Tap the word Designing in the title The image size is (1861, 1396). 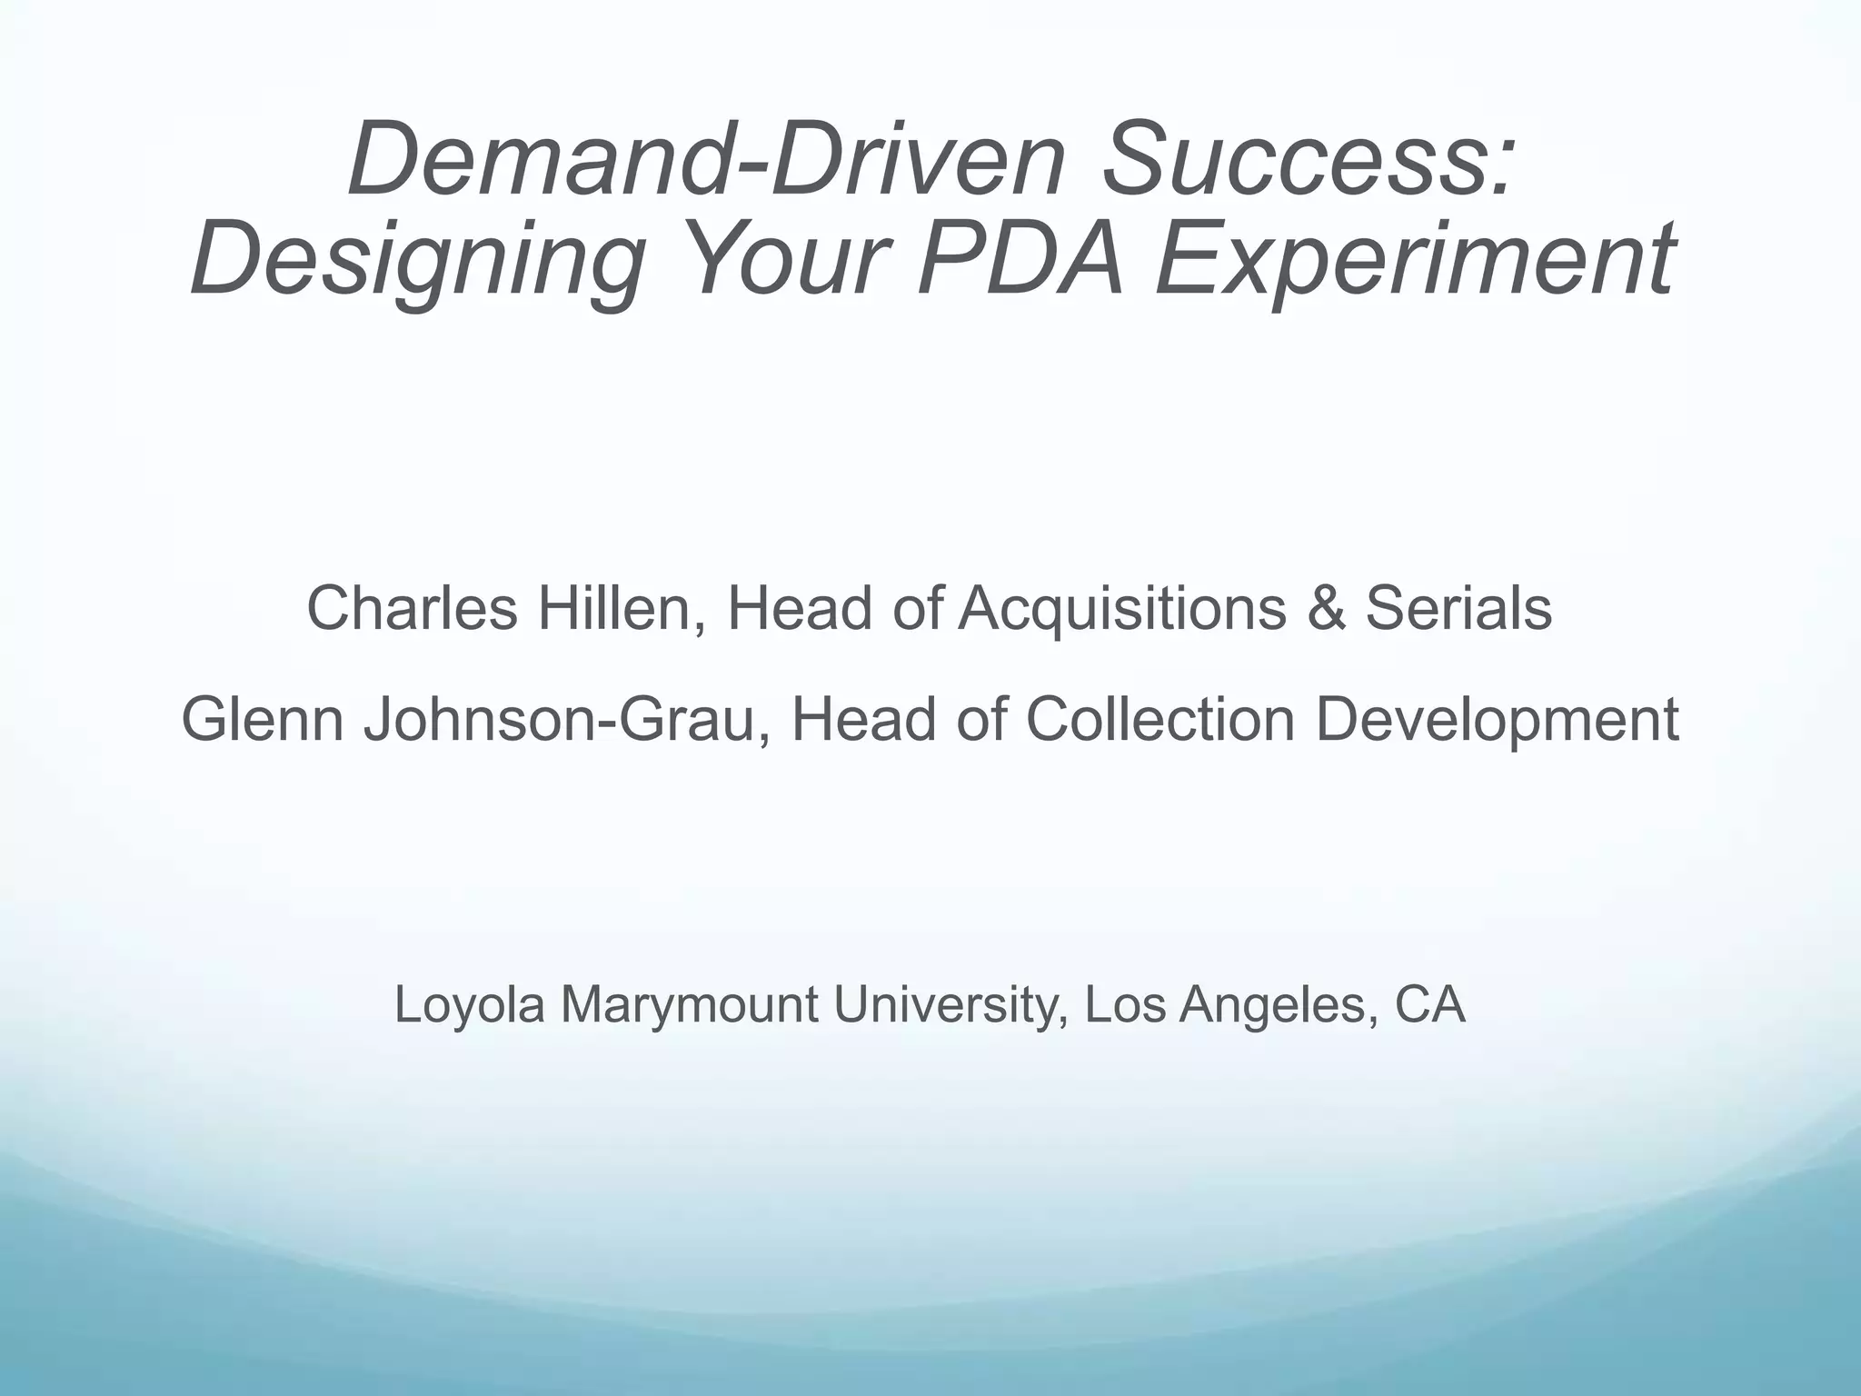click(418, 260)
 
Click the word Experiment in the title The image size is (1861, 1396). click(1414, 260)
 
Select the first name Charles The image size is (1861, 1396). click(412, 608)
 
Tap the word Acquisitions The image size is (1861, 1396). click(1122, 608)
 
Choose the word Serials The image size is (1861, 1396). click(1458, 608)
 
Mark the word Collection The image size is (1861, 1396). click(1159, 719)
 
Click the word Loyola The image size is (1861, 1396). click(469, 1005)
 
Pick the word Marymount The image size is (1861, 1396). click(689, 1005)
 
